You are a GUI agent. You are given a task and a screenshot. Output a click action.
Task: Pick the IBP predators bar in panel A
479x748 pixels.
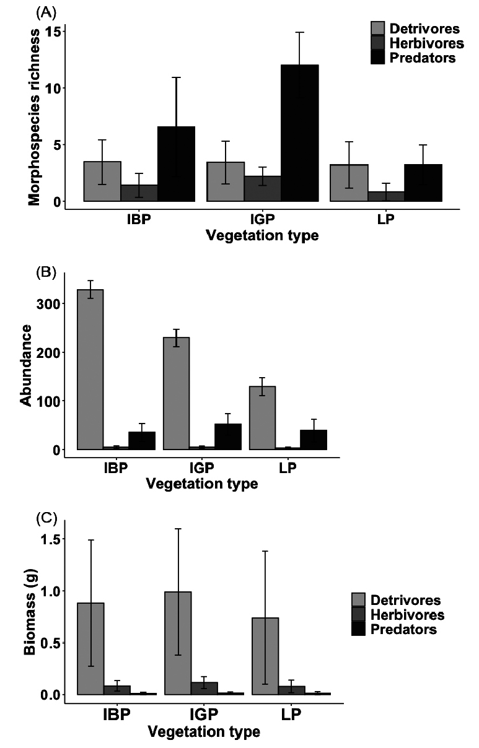pos(176,164)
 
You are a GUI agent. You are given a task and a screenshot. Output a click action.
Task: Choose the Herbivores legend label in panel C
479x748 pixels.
pos(407,615)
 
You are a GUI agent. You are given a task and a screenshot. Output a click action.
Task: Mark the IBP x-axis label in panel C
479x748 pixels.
pos(117,714)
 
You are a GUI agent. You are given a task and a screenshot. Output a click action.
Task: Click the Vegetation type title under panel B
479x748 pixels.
pos(201,484)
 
